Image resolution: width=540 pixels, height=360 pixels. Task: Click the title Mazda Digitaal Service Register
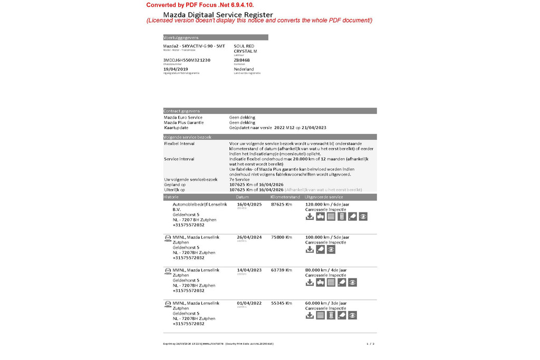[218, 14]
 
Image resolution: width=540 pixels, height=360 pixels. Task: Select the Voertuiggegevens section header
[181, 37]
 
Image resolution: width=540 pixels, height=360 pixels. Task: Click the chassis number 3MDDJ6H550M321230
[187, 60]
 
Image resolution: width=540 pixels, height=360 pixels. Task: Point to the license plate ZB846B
[242, 60]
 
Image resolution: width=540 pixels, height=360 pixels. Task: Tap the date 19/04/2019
[176, 69]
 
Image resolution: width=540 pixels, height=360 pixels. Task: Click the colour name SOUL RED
[244, 46]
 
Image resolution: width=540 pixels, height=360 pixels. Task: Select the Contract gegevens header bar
[182, 111]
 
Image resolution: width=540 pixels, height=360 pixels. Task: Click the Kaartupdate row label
[176, 128]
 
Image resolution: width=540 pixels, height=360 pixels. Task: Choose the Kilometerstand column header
[285, 197]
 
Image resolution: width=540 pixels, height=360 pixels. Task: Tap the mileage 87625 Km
[281, 204]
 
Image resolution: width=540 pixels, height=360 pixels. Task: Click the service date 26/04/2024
[249, 237]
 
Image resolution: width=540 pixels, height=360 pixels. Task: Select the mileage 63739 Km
[281, 270]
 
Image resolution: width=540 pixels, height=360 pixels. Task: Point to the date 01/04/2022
[249, 303]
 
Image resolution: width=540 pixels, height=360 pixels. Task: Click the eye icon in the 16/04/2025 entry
[363, 217]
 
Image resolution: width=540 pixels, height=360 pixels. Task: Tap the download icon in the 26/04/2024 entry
[310, 249]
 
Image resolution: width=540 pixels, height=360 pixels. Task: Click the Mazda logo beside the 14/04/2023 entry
[168, 270]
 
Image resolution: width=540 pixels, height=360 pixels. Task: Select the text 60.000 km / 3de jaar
[327, 303]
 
